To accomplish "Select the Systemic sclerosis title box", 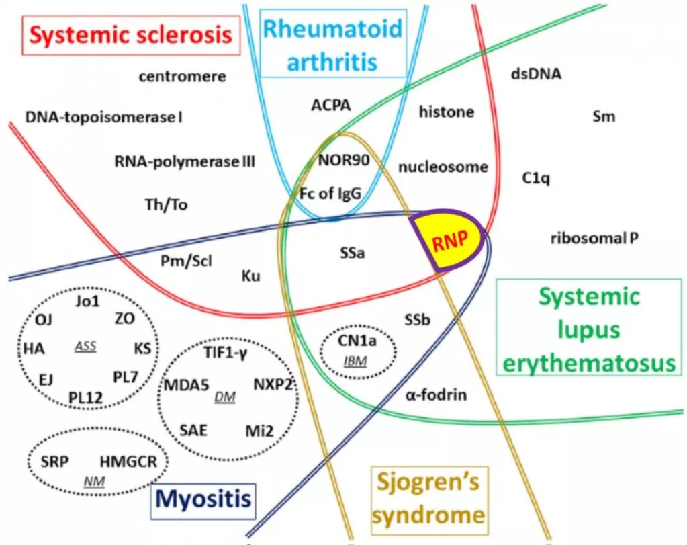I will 130,35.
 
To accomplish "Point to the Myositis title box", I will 203,500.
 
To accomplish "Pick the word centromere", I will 182,77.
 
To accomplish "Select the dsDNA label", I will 536,74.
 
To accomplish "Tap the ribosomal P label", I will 594,238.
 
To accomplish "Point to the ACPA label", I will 330,105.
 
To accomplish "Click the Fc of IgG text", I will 330,194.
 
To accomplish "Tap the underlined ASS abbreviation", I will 85,347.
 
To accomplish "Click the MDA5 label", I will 187,385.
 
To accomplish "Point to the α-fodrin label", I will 436,395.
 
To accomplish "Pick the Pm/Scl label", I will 186,261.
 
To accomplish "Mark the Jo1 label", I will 87,300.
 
